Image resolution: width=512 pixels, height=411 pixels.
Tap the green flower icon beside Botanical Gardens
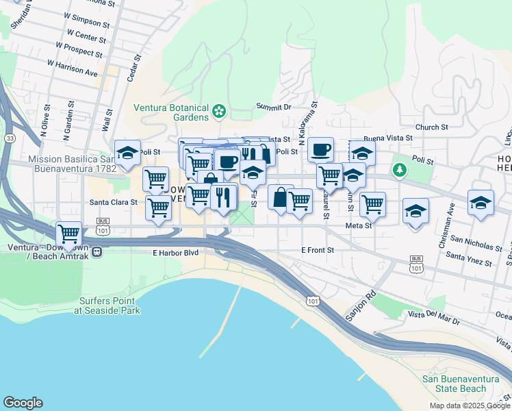click(219, 110)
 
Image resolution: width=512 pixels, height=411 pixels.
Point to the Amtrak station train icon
click(98, 251)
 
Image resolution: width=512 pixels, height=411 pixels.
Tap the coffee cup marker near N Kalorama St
click(320, 149)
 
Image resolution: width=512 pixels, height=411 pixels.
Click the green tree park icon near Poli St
click(399, 169)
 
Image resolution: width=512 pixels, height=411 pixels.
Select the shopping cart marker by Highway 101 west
click(69, 234)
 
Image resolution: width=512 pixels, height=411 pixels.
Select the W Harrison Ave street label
click(72, 67)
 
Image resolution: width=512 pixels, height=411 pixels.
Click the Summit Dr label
click(274, 107)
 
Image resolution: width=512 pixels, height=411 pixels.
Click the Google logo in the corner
click(23, 403)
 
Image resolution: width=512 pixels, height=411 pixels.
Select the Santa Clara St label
click(114, 203)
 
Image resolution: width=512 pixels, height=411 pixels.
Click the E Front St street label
click(318, 251)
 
